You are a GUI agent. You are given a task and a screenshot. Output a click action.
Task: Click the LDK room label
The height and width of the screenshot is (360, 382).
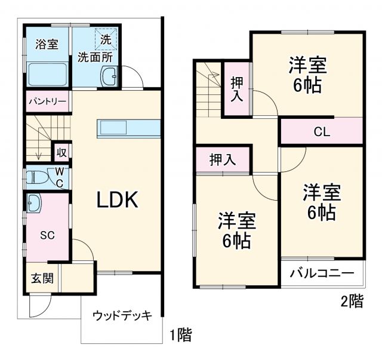(x=118, y=200)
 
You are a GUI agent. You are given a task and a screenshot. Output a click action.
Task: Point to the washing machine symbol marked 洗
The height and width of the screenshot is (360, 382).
(x=106, y=41)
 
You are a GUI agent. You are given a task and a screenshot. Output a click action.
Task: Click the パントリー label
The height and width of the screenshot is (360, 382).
(x=47, y=101)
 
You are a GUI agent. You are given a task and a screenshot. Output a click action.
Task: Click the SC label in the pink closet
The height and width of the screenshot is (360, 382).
(x=47, y=235)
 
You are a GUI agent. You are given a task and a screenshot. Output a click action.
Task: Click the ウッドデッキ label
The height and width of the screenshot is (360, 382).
(x=122, y=315)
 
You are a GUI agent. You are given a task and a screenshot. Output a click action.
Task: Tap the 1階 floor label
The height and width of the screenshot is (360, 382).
(x=180, y=335)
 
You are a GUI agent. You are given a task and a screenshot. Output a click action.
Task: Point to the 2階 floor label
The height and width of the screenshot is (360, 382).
(x=352, y=301)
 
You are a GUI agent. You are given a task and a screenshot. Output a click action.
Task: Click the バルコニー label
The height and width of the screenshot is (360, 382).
(x=322, y=274)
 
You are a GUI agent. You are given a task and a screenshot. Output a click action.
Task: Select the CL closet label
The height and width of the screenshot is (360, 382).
(x=322, y=131)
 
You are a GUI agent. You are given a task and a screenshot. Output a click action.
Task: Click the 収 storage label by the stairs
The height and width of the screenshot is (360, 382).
(x=61, y=152)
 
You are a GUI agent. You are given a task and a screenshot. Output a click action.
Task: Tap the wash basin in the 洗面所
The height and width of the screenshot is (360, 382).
(x=110, y=76)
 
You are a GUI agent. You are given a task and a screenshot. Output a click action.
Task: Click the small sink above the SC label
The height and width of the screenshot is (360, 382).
(x=33, y=203)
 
